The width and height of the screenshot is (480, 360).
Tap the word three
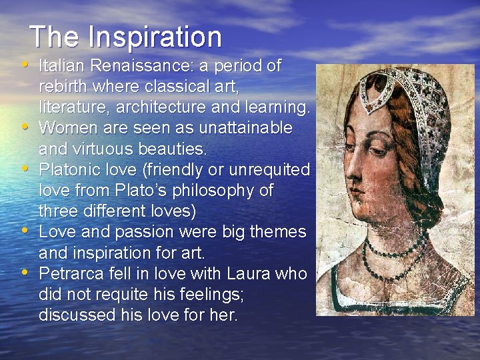[61, 211]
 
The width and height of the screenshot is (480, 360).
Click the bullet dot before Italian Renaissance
[25, 65]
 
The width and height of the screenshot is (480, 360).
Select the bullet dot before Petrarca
[25, 272]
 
